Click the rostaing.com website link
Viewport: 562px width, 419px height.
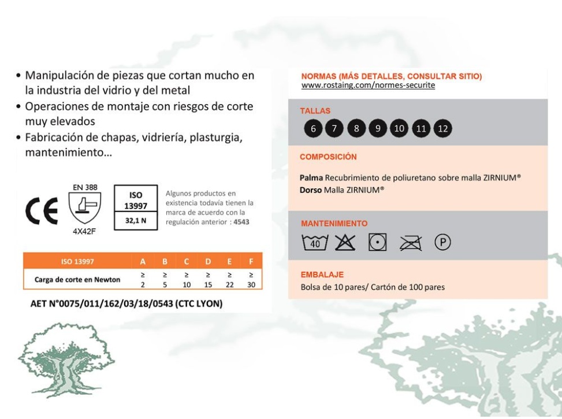click(369, 86)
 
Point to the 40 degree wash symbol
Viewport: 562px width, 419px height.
click(312, 240)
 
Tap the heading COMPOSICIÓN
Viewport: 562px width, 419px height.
click(328, 157)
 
